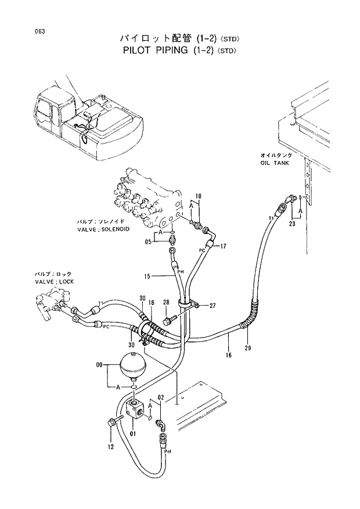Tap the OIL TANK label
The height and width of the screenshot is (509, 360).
[275, 164]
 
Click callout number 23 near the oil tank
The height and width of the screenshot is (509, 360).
[292, 223]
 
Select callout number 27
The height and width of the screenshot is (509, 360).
[213, 305]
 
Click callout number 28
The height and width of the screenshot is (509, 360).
[166, 302]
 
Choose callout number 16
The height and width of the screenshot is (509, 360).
[229, 354]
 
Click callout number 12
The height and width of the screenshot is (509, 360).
[110, 447]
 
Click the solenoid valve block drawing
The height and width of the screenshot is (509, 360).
[145, 198]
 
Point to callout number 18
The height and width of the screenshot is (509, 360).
[151, 303]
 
